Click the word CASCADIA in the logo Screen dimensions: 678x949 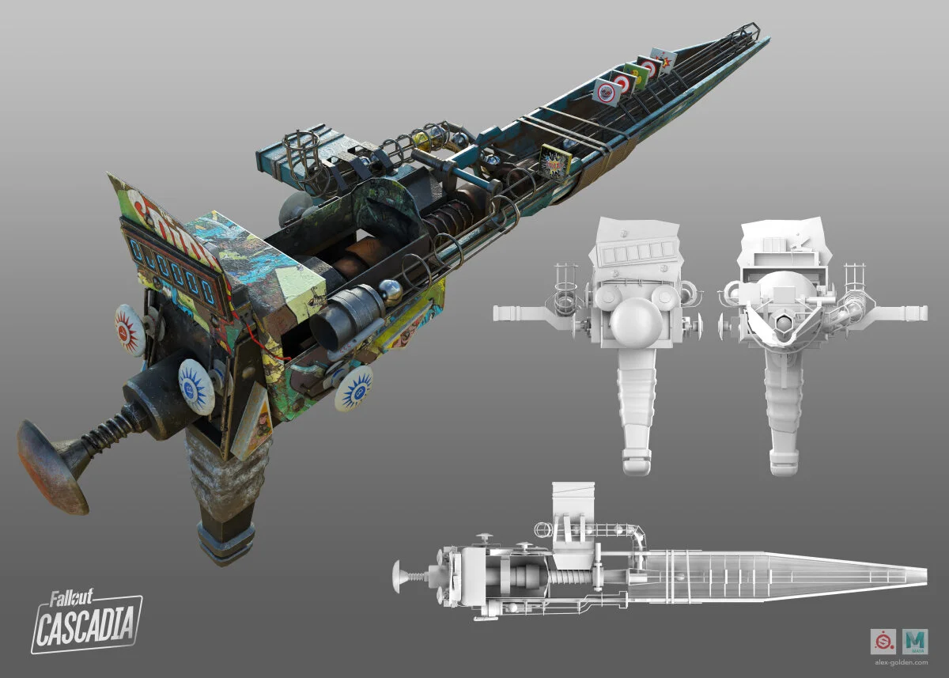[x=87, y=625]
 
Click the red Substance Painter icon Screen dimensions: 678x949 [x=882, y=640]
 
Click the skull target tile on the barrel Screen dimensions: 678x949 [x=607, y=91]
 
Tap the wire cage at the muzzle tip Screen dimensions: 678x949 [x=743, y=36]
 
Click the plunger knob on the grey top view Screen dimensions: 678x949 [x=398, y=575]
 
